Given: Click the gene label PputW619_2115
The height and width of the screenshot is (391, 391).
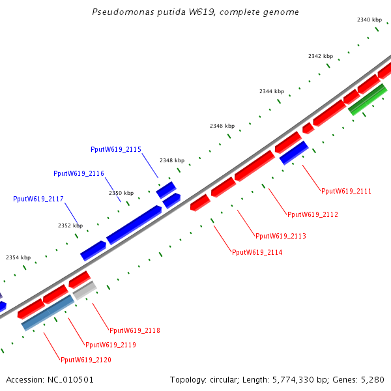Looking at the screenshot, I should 116,150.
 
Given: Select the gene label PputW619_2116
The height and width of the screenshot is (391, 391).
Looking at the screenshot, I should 79,174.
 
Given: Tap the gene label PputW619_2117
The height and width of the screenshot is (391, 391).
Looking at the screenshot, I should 38,199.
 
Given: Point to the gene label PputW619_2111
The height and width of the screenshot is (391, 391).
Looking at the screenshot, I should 346,192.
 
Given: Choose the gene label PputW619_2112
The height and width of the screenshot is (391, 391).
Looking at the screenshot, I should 313,214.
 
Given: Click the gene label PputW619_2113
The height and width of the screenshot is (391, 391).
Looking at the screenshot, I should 280,236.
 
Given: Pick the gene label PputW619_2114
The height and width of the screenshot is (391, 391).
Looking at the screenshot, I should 257,252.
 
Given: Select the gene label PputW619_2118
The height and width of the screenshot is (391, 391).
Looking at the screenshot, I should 135,331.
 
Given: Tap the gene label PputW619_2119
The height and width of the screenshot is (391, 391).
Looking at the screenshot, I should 111,345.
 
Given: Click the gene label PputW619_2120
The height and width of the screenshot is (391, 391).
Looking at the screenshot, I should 85,360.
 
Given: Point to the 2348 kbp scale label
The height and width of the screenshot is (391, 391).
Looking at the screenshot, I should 172,160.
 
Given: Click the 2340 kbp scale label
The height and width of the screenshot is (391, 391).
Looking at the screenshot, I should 369,20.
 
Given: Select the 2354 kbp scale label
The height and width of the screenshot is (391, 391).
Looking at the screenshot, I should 18,257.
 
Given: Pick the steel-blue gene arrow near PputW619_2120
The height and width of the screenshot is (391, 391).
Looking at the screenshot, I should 48,313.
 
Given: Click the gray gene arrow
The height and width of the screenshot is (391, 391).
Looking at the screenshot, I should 85,291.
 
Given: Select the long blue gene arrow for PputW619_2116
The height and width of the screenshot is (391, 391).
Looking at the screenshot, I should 134,225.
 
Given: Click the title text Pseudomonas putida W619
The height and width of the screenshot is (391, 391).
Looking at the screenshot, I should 195,12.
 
